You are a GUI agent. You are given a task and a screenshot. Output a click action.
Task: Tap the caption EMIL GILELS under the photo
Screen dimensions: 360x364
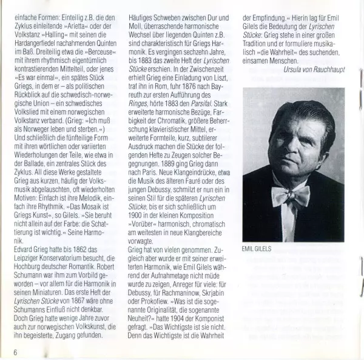[x=258, y=248]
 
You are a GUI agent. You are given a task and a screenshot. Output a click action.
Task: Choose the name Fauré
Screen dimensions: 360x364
[x=209, y=188]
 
